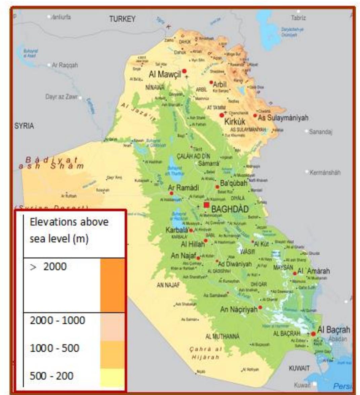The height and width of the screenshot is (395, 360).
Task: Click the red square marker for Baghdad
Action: click(x=206, y=205)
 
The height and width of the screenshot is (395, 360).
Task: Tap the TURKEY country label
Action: click(x=122, y=19)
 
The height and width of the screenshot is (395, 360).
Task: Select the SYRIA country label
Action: click(x=24, y=126)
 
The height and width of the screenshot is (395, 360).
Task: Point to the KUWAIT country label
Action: click(x=299, y=368)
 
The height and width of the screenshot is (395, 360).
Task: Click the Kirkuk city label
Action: click(x=235, y=121)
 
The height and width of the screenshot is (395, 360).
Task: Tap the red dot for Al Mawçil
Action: click(x=184, y=71)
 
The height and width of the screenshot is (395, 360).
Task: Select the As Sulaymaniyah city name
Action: click(x=283, y=118)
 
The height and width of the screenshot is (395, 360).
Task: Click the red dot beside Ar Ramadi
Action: click(x=171, y=193)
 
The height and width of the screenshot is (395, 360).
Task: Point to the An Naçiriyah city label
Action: click(x=238, y=309)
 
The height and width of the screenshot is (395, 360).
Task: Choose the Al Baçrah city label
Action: click(x=333, y=329)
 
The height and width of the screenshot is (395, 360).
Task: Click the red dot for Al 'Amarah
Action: click(x=295, y=273)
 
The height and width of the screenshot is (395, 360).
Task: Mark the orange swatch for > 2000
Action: click(x=112, y=285)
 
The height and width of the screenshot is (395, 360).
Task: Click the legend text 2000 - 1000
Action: click(x=57, y=320)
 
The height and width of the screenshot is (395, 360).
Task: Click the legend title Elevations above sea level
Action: click(x=69, y=230)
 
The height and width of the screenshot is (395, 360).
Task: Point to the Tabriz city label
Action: click(x=298, y=17)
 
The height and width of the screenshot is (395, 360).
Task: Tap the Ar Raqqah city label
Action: click(x=65, y=65)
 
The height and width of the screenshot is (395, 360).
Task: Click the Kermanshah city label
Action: click(x=325, y=172)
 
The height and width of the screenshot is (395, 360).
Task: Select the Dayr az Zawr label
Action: click(x=62, y=97)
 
